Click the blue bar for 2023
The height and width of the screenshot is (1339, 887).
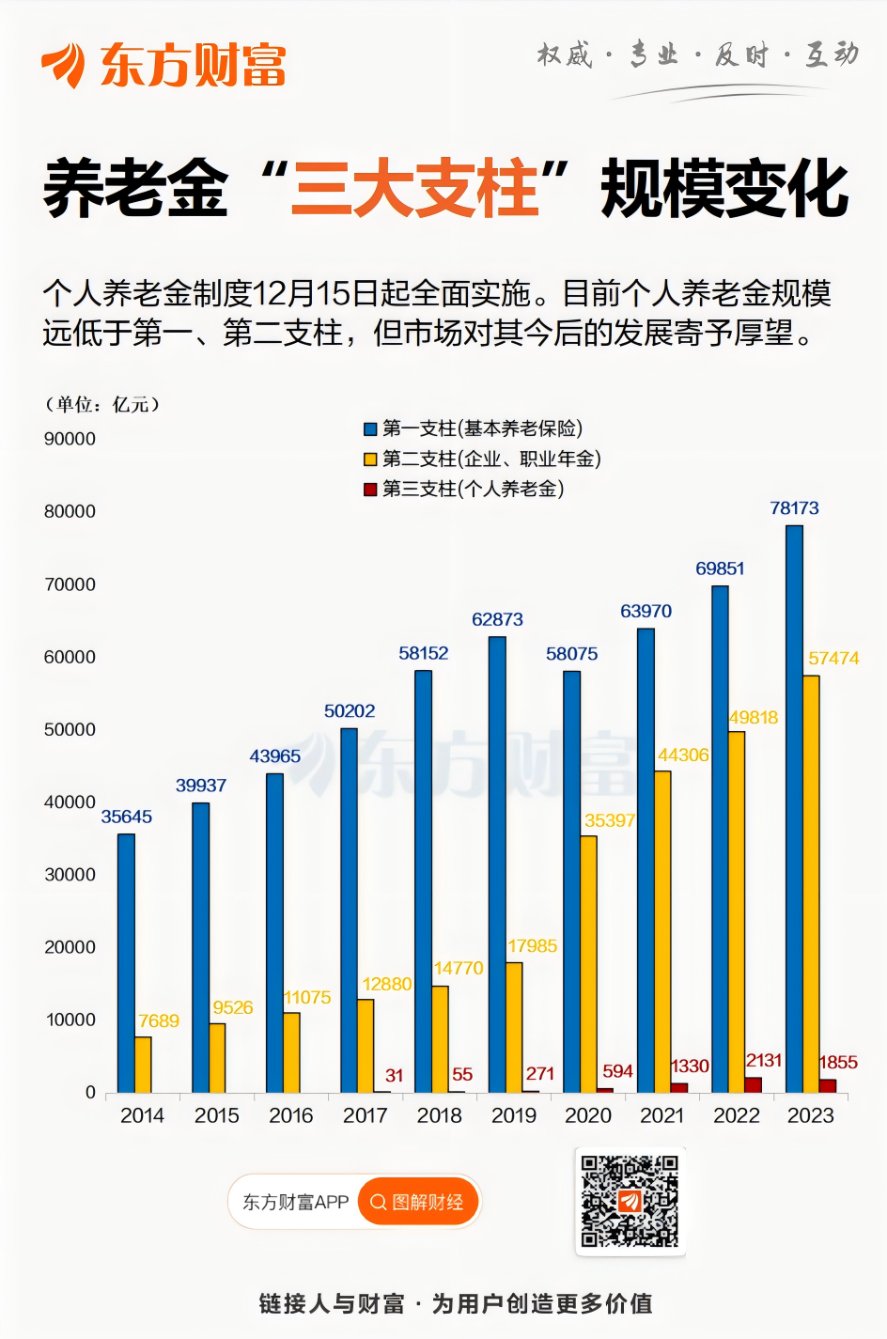click(794, 808)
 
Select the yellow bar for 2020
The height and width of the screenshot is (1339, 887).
click(588, 963)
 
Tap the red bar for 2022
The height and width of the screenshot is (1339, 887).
click(753, 1084)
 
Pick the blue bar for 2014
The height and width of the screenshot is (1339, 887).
click(126, 963)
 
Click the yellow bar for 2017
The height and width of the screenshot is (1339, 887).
click(365, 1045)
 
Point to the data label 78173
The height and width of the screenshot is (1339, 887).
click(794, 508)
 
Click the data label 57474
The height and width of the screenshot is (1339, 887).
click(833, 659)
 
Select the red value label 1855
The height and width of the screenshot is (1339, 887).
click(838, 1063)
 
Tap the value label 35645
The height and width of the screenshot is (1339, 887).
click(127, 817)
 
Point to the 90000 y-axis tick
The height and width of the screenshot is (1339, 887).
click(70, 439)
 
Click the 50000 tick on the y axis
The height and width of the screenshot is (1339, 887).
click(70, 729)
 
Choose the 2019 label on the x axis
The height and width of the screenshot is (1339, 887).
click(514, 1115)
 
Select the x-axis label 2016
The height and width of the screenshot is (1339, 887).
click(290, 1115)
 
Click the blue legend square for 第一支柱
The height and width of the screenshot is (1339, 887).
click(370, 429)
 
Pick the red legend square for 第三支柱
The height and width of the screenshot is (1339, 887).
click(370, 490)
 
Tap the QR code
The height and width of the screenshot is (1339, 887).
click(630, 1201)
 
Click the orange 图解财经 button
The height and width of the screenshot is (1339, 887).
click(418, 1202)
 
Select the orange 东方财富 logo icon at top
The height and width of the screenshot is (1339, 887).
click(64, 64)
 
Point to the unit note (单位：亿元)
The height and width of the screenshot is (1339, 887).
click(102, 405)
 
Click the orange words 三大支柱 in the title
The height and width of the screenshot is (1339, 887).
click(415, 189)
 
